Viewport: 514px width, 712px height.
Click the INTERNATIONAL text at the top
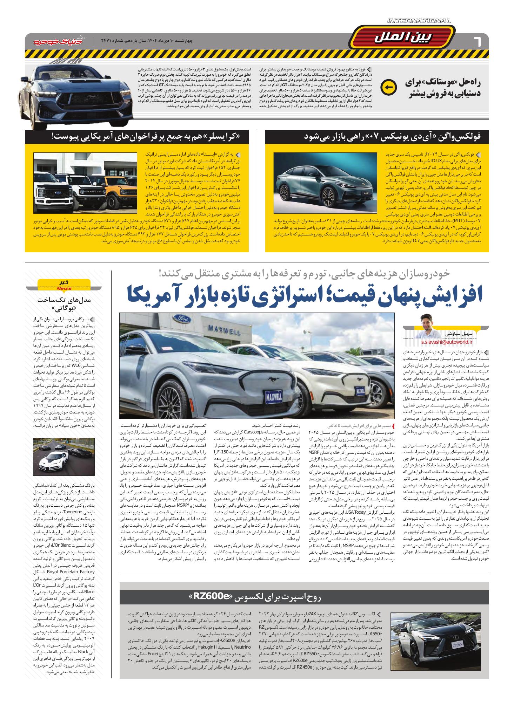tap(419, 21)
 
